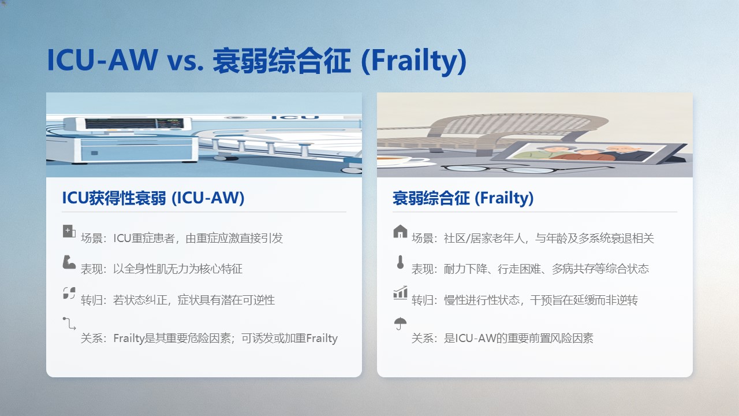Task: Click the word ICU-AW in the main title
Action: pos(103,60)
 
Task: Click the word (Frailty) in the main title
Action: pos(414,61)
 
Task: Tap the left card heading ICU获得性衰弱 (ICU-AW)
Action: pos(153,198)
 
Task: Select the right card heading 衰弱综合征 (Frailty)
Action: pos(463,198)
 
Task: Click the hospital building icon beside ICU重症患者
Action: pos(69,231)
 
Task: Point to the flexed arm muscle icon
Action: pos(69,262)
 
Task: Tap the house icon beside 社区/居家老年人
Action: pos(400,231)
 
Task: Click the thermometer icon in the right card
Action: pos(400,262)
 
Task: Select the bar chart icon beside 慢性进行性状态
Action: pos(400,293)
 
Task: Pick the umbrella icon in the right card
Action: pos(400,323)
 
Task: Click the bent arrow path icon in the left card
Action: pos(69,324)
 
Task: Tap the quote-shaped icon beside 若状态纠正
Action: pos(69,293)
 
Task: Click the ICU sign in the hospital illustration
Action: pos(295,117)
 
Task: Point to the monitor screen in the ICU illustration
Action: pos(135,124)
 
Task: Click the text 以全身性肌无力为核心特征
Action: pos(178,269)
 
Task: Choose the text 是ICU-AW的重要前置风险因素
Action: pos(518,338)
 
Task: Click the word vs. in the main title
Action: pos(185,61)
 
